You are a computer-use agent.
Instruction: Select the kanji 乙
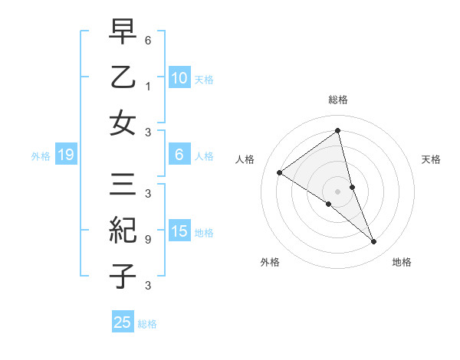point(123,78)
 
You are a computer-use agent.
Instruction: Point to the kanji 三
point(123,186)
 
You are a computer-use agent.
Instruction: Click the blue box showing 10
point(179,77)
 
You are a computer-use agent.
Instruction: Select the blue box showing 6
point(179,155)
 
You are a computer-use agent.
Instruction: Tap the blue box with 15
point(179,231)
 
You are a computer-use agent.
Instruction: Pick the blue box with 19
point(65,155)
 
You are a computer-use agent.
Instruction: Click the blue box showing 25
point(122,322)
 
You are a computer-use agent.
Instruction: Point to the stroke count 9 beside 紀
point(148,239)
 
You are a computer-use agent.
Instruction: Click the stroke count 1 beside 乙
point(148,87)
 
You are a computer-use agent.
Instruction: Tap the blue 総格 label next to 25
point(147,323)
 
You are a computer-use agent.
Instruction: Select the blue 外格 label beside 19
point(41,155)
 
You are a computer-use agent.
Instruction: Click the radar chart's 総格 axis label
point(338,100)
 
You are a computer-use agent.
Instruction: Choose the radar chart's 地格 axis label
point(402,262)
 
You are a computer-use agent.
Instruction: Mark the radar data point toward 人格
point(280,172)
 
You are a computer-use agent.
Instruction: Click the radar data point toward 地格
point(374,242)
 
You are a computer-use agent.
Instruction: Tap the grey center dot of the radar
point(338,191)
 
